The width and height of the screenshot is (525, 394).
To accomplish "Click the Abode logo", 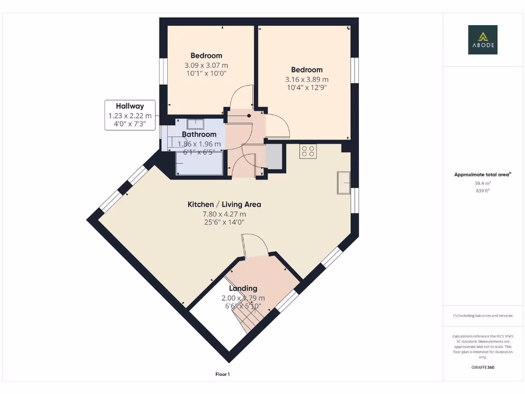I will [482, 40].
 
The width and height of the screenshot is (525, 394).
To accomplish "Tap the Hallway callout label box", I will [130, 115].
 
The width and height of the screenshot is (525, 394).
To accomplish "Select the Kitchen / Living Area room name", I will [224, 204].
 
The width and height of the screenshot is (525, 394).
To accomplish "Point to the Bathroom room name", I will [199, 134].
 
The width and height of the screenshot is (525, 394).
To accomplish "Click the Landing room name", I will [243, 288].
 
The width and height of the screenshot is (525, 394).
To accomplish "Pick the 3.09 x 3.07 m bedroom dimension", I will [206, 65].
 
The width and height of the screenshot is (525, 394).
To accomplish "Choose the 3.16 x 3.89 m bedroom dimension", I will [307, 80].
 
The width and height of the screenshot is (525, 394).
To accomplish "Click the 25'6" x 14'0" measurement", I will [224, 222].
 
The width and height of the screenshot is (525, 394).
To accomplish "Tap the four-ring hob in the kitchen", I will [309, 151].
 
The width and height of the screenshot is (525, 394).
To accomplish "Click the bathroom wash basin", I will [195, 124].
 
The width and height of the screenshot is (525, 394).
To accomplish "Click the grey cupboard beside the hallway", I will [273, 157].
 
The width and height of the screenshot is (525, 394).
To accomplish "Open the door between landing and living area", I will [254, 245].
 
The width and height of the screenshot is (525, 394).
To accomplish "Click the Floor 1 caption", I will [223, 375].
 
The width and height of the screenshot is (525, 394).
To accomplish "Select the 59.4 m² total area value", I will [482, 183].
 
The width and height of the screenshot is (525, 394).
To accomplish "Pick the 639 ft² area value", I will [482, 191].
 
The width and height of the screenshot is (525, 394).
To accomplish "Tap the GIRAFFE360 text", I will [482, 367].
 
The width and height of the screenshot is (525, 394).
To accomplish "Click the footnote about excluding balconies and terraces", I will [482, 316].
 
